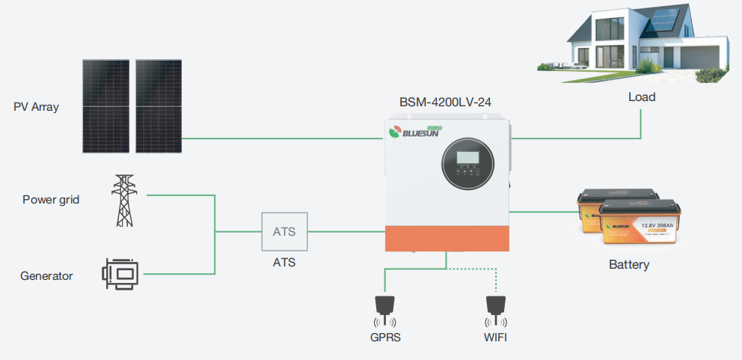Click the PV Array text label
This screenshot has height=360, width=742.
tap(36, 107)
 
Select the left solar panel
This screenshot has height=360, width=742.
tap(106, 106)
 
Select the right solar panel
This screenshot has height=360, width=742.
tap(159, 106)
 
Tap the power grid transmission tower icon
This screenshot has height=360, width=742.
tap(124, 200)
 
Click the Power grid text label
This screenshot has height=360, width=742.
tap(51, 200)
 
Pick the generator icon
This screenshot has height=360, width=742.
tap(120, 275)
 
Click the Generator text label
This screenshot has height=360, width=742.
tap(46, 276)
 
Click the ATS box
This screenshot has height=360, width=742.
tap(284, 231)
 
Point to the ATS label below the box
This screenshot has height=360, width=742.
tap(284, 263)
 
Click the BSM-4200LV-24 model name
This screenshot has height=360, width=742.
tap(446, 100)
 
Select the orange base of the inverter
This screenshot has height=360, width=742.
tap(447, 239)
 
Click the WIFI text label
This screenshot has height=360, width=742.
tap(495, 338)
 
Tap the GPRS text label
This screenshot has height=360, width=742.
tap(385, 338)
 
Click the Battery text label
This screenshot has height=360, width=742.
tap(629, 265)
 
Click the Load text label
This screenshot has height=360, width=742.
tap(642, 97)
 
